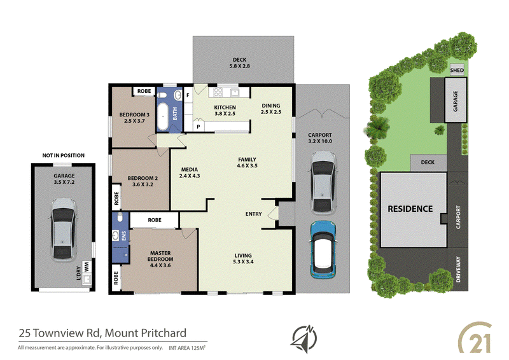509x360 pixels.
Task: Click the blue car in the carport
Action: coord(324,250)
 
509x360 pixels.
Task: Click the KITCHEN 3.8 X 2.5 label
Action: coord(225,110)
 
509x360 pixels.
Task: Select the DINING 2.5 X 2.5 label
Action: coord(270,109)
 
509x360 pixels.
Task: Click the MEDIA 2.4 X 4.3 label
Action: coord(190,172)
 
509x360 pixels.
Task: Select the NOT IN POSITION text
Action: coord(63,155)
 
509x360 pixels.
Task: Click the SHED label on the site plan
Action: coord(456,69)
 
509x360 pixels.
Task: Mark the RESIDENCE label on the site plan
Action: coord(410,209)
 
